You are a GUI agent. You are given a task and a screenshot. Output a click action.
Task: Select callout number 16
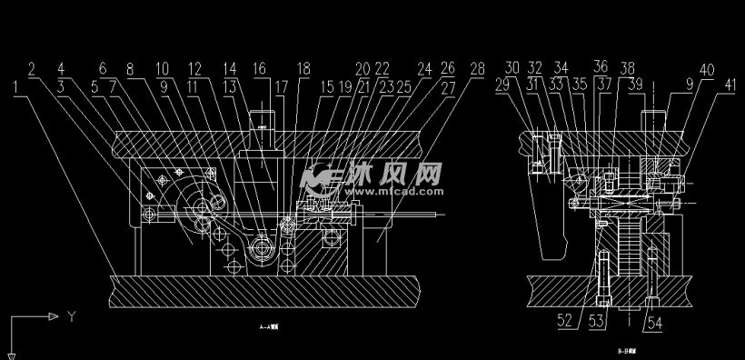[260, 69]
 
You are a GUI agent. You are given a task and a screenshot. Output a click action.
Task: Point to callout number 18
[303, 69]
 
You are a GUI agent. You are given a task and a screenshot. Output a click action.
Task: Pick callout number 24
[423, 69]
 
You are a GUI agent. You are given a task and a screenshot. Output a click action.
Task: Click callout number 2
[32, 69]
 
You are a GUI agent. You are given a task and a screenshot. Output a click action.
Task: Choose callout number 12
[195, 69]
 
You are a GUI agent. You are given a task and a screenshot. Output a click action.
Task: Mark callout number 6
[101, 69]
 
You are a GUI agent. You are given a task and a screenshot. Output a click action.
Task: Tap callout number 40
[706, 69]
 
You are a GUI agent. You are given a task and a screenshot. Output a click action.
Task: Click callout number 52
[565, 320]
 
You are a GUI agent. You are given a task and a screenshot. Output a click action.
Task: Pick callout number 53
[596, 320]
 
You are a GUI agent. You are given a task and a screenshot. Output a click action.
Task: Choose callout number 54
[652, 320]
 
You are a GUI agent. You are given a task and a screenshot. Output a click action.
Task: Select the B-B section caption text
[626, 349]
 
